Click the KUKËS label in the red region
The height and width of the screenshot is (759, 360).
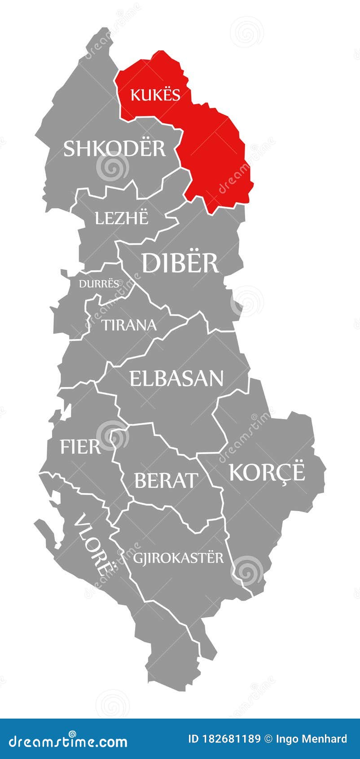(x=155, y=95)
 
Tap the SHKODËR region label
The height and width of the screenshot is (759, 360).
(x=114, y=149)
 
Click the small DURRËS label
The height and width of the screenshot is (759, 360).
(x=100, y=284)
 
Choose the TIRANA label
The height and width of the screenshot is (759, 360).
(x=130, y=325)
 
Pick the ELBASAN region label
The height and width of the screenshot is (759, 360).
(x=176, y=379)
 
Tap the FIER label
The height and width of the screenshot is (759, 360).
(x=80, y=447)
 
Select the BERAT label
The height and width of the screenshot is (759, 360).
(x=166, y=481)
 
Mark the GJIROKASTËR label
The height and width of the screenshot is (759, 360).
(x=178, y=558)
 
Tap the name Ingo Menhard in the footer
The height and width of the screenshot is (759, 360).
(x=311, y=739)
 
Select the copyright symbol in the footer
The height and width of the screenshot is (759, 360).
(x=268, y=739)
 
